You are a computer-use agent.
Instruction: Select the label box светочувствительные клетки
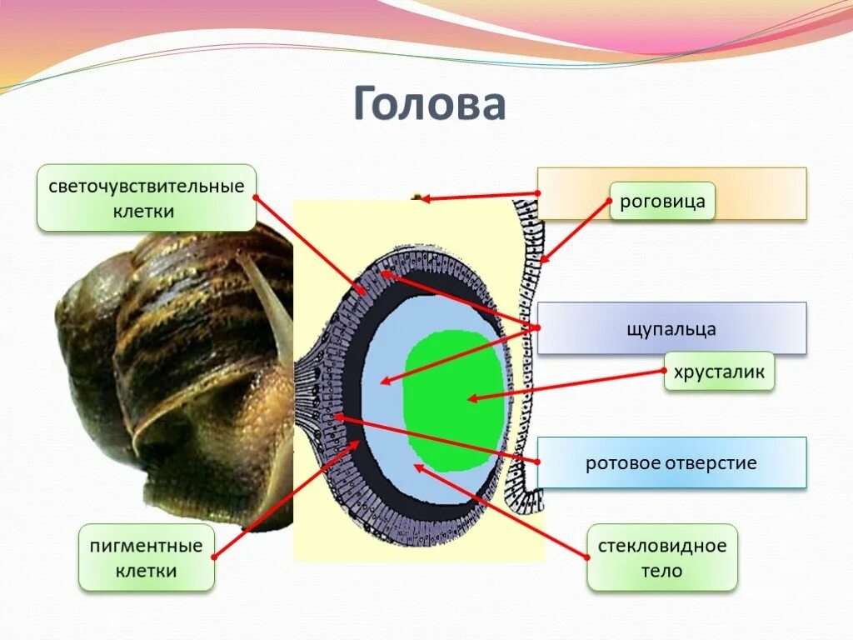(x=146, y=197)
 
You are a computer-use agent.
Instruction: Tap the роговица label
(x=662, y=201)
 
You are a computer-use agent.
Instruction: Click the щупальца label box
(x=671, y=328)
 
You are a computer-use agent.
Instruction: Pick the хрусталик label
(x=719, y=372)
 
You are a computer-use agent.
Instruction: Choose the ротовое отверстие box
(x=671, y=462)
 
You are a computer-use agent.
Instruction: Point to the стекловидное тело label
(x=662, y=558)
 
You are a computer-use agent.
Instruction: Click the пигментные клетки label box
(x=146, y=558)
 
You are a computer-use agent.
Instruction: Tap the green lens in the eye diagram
(x=454, y=400)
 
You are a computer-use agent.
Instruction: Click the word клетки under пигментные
(x=146, y=572)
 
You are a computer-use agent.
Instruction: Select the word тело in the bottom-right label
(x=662, y=572)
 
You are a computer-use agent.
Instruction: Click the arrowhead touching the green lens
(x=471, y=398)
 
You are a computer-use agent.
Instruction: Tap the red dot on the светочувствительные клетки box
(x=255, y=197)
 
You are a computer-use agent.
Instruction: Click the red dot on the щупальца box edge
(x=538, y=328)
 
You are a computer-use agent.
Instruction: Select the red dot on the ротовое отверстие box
(x=538, y=462)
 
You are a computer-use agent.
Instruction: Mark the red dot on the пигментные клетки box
(x=214, y=557)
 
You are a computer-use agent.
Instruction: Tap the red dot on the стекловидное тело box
(x=588, y=557)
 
